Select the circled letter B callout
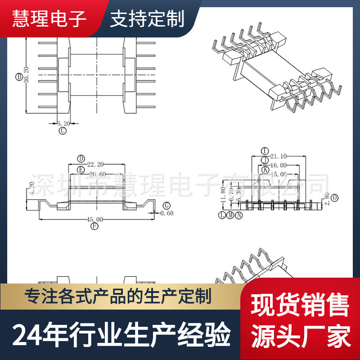(19, 76)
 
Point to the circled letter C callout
(63, 131)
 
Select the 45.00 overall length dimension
(95, 219)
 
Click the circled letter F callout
(94, 226)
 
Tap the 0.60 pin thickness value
(167, 213)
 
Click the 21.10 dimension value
(279, 156)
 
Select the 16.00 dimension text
(279, 165)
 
